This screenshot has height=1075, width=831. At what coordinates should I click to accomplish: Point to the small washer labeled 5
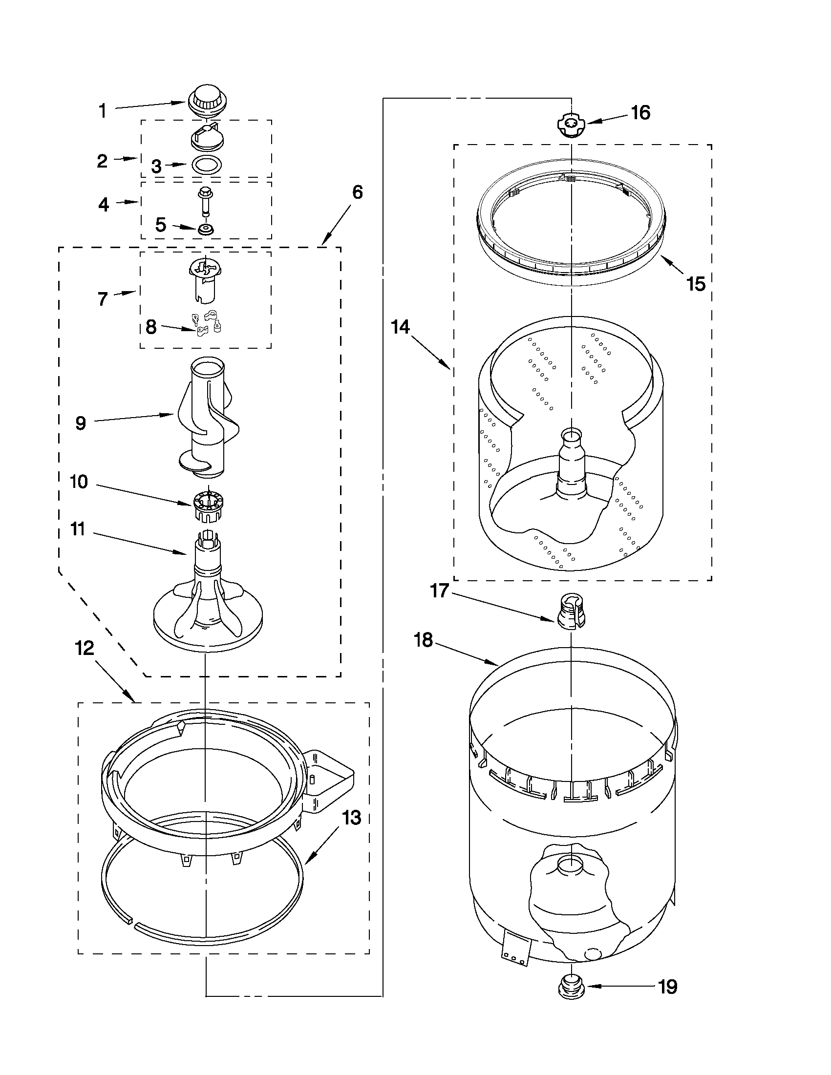(205, 229)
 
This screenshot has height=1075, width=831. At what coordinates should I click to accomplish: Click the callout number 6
(357, 192)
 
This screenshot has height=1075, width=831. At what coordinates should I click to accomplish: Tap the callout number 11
(77, 529)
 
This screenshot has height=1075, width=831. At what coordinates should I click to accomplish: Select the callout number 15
(696, 284)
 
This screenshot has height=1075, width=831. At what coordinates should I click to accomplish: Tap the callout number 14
(401, 326)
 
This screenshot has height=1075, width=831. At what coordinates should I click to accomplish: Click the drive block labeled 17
(571, 611)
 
